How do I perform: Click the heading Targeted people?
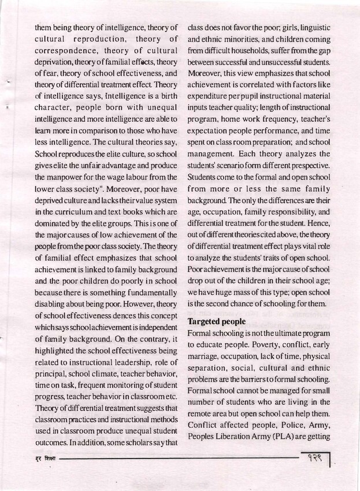[215, 321]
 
